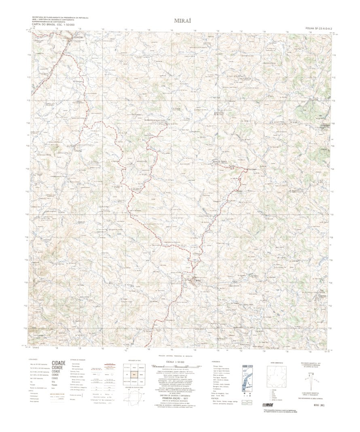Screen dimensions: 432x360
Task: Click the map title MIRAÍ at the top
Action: (x=183, y=20)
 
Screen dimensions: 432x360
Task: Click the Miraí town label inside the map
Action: (x=197, y=279)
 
